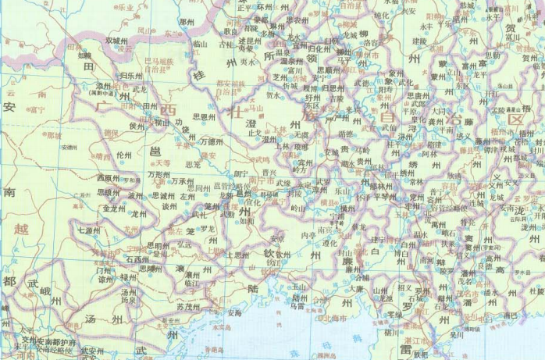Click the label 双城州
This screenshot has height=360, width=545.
pyautogui.click(x=108, y=41)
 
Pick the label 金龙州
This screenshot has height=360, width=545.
pyautogui.click(x=114, y=209)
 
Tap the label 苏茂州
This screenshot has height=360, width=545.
pyautogui.click(x=190, y=306)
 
